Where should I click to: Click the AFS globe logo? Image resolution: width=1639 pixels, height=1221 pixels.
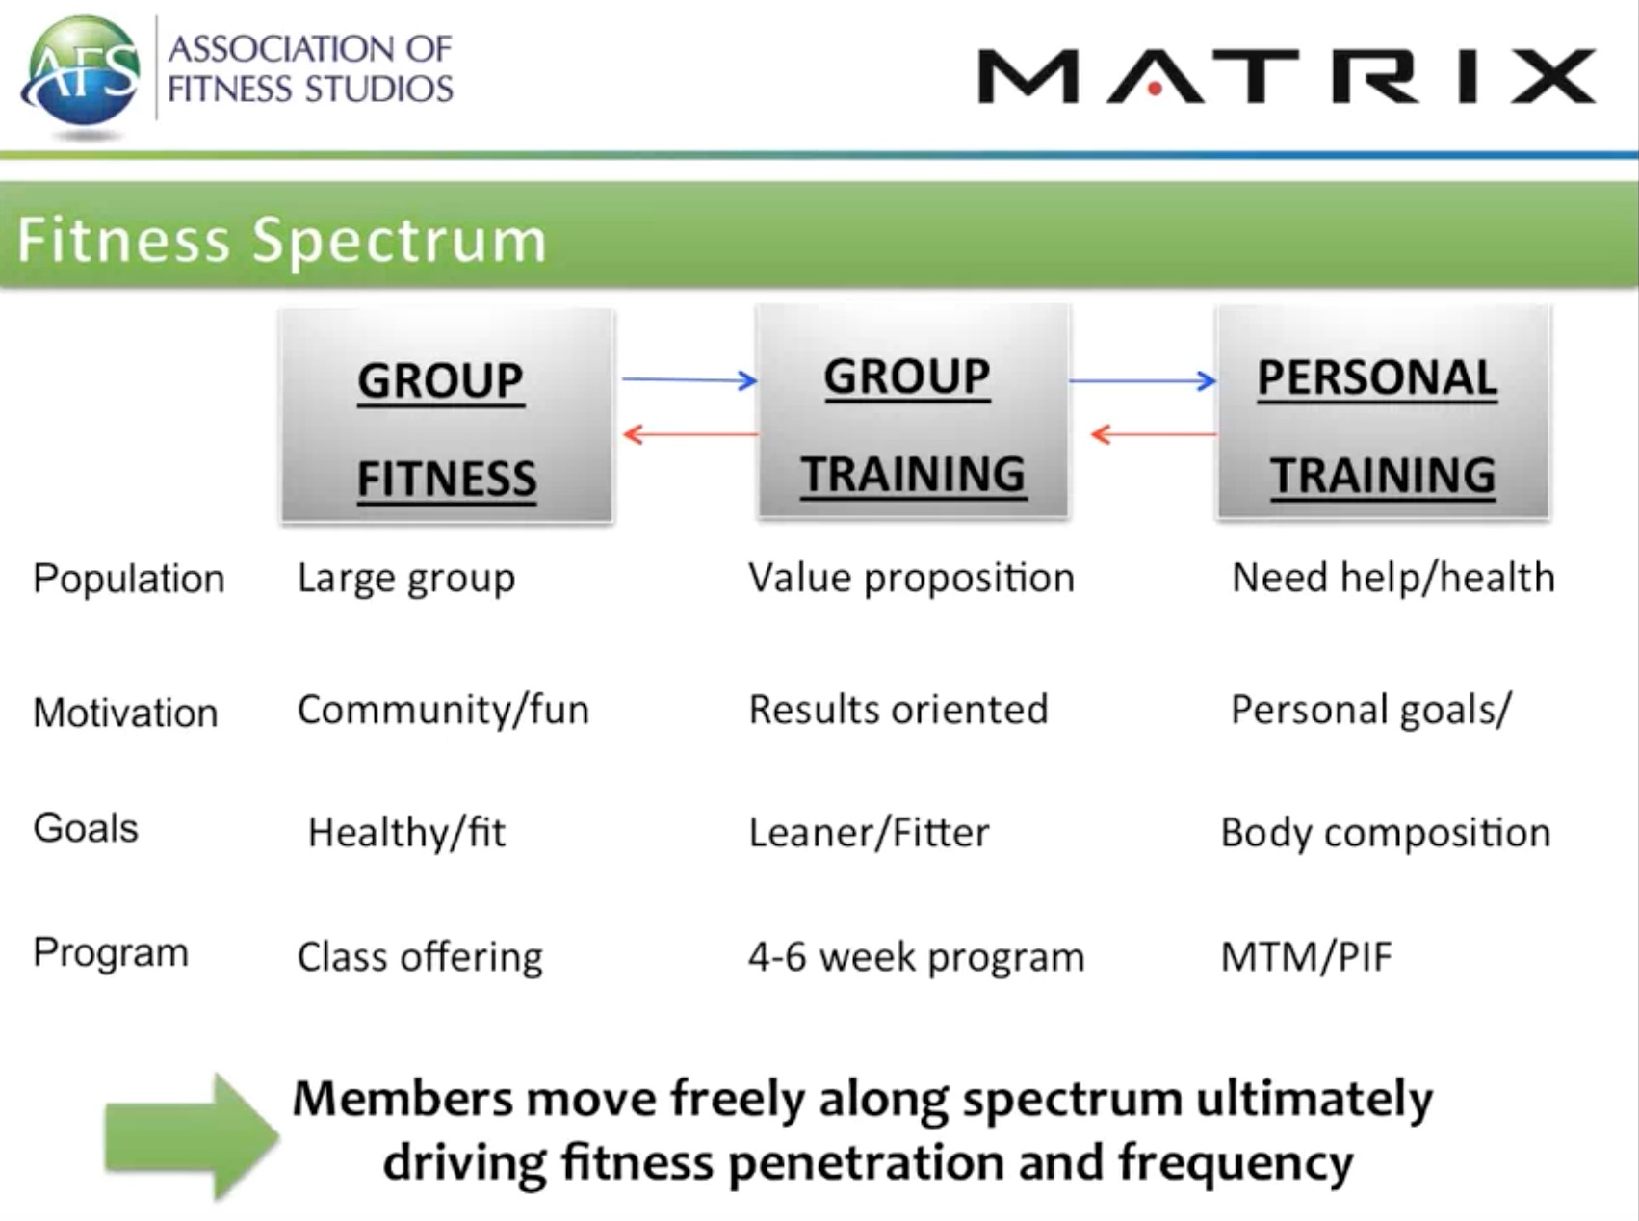[82, 73]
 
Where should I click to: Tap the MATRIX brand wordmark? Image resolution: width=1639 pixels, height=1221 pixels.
[1287, 76]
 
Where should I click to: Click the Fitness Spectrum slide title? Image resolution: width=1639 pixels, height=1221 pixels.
[281, 240]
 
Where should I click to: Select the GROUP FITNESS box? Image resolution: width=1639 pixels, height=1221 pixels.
[447, 416]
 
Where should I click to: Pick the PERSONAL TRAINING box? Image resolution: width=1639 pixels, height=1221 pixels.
[1383, 412]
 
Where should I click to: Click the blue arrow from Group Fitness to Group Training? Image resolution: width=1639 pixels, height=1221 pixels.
[689, 379]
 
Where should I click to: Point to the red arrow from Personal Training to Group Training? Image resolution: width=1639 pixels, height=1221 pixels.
[1153, 434]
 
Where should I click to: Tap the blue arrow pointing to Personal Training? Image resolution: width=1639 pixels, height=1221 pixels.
[1143, 380]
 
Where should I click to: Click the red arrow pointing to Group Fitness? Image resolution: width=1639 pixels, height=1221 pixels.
[690, 434]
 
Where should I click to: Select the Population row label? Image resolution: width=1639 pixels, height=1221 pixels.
[129, 579]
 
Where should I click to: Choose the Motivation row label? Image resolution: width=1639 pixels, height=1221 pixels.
[125, 713]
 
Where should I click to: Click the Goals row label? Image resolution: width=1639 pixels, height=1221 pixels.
[86, 828]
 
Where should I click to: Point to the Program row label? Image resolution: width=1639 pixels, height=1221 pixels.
[111, 953]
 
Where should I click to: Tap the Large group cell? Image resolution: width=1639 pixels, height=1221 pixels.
[406, 579]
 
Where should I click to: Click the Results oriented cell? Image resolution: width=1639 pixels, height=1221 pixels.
[898, 710]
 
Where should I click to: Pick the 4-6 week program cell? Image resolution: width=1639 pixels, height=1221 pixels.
[916, 957]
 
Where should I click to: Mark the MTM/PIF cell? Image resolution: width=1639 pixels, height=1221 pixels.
[1307, 957]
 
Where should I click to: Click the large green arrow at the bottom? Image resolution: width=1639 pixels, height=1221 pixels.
[192, 1136]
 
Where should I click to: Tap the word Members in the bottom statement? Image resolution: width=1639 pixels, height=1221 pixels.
[403, 1099]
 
